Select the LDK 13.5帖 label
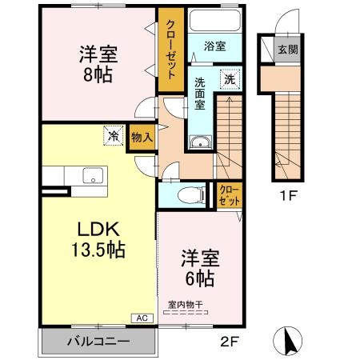94,238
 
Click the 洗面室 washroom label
200,92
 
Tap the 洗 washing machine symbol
229,79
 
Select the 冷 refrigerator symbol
114,137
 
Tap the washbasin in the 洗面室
198,143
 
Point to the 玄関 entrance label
287,50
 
